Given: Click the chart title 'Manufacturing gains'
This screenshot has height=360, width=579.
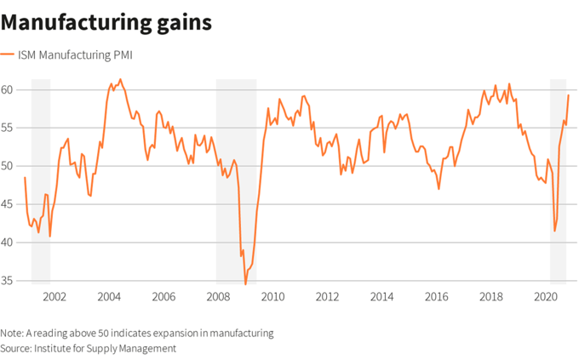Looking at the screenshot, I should pos(106,21).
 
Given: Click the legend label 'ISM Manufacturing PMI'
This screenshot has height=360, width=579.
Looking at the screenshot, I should pos(75,55).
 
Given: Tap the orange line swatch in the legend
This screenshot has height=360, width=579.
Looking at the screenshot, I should pos(7,55).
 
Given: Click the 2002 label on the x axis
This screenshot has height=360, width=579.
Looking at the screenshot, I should pos(54,297).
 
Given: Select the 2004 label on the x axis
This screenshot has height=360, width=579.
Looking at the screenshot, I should pos(108,297).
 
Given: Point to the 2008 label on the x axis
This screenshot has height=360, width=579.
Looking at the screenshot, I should pos(218,297).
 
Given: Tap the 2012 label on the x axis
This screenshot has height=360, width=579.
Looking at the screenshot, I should pos(327,297).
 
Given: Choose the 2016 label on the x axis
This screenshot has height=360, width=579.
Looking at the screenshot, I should pos(436,297).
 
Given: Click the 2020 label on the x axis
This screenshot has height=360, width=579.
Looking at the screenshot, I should pos(545,297).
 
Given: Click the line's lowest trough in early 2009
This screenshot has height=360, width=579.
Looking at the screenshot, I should pos(245,284).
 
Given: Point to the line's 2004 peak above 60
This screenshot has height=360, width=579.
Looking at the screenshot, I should pos(120,79).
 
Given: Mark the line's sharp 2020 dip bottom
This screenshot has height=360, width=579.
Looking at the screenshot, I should pos(555,231).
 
